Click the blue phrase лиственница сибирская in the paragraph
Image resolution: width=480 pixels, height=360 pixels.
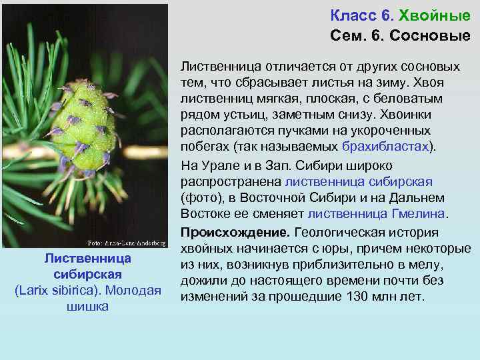pyautogui.click(x=358, y=181)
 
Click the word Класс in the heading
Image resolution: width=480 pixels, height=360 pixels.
pyautogui.click(x=351, y=15)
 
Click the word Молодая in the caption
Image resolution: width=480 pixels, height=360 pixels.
pyautogui.click(x=137, y=291)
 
